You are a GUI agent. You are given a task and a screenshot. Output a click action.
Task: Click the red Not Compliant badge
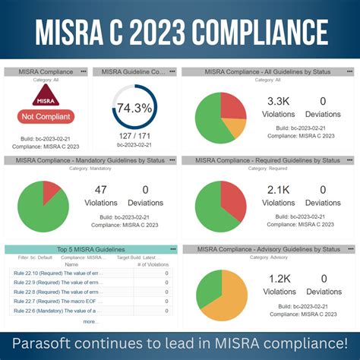pyautogui.click(x=45, y=116)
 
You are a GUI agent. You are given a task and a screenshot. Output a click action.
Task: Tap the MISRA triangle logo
pyautogui.click(x=45, y=96)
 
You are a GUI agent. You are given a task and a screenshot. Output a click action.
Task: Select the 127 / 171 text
pyautogui.click(x=134, y=134)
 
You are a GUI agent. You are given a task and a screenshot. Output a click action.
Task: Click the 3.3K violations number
pyautogui.click(x=279, y=101)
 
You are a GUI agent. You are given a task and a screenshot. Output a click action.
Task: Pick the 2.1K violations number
pyautogui.click(x=279, y=190)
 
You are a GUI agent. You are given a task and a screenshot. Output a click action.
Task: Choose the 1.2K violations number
pyautogui.click(x=279, y=279)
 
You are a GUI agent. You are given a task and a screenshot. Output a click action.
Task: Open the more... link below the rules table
pyautogui.click(x=90, y=321)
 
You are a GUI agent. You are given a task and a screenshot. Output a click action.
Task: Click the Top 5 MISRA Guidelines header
pyautogui.click(x=90, y=249)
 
